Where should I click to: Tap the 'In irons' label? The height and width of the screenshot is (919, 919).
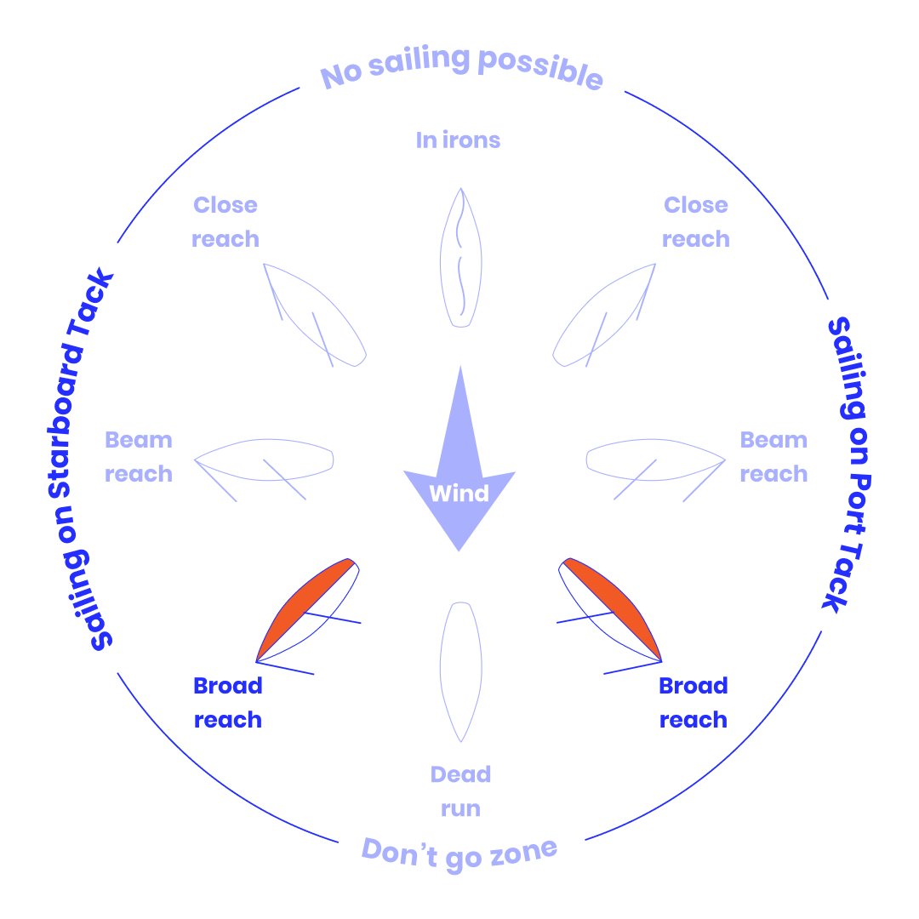coord(458,140)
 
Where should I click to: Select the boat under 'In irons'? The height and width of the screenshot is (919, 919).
coord(460,257)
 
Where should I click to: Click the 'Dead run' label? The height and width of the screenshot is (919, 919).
coord(460,791)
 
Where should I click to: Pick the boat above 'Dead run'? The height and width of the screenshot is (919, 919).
coord(460,671)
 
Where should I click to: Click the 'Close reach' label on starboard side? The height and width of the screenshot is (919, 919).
coord(225,222)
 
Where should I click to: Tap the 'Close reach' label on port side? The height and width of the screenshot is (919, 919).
coord(696,222)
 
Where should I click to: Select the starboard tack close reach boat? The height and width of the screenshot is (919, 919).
coord(315,316)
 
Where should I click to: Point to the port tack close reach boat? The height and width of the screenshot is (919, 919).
coord(604,316)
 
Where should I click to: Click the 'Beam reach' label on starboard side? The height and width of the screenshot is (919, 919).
coord(139,457)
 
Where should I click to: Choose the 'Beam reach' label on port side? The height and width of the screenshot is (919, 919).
coord(773,457)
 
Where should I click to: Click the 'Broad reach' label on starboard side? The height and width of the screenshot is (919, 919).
coord(228,703)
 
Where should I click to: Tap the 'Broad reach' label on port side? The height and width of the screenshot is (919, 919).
coord(694,703)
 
